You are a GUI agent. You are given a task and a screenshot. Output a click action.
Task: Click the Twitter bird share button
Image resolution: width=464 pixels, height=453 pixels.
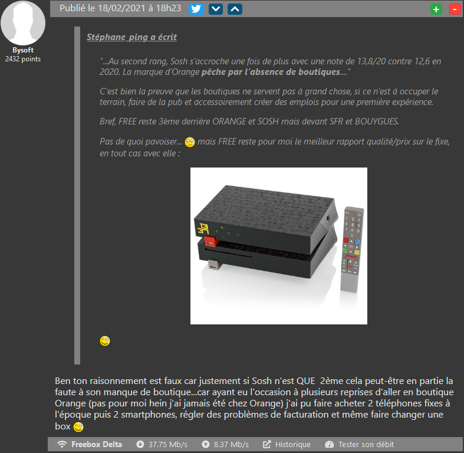[196, 9]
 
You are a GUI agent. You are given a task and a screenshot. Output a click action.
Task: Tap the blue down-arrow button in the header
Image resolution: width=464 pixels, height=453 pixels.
[216, 9]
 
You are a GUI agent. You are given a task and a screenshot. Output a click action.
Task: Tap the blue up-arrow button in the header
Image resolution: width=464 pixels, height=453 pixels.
[235, 9]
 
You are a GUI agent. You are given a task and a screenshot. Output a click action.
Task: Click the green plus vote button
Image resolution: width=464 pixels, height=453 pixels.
[436, 9]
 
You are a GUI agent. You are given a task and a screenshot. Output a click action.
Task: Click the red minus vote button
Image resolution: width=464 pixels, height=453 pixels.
[455, 9]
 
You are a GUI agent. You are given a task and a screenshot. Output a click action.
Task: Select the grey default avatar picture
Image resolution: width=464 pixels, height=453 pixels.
[23, 23]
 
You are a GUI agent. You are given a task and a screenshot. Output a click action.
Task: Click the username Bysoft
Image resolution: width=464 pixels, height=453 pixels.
[23, 50]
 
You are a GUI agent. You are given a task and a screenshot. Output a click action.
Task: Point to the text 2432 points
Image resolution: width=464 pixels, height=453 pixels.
[23, 59]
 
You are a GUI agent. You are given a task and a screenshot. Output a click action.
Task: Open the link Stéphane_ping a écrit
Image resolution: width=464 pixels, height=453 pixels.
[131, 37]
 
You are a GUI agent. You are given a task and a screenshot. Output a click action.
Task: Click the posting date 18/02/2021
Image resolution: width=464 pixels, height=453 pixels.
[121, 8]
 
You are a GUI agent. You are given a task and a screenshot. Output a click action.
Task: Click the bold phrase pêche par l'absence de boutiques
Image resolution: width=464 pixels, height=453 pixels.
[271, 72]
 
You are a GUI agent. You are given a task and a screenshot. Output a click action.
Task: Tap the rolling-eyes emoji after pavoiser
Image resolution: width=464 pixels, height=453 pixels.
[190, 142]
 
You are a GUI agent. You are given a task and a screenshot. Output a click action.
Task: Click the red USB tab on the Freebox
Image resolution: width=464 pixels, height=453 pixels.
[211, 241]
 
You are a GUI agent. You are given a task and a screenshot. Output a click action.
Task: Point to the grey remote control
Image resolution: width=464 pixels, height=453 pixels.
[352, 250]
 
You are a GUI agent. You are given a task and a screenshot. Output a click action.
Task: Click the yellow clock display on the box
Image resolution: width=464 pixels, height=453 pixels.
[203, 229]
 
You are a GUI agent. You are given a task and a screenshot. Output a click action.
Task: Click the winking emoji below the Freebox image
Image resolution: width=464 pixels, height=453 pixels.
[105, 341]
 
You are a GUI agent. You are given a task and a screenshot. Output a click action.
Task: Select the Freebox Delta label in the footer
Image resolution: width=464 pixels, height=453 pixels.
[97, 444]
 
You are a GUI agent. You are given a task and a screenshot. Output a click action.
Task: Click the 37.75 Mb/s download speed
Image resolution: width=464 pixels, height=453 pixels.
[168, 444]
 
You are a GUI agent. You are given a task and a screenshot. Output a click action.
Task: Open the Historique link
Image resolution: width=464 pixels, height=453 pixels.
[292, 444]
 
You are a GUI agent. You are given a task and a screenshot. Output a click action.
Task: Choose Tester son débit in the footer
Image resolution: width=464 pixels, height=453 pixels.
[366, 444]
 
